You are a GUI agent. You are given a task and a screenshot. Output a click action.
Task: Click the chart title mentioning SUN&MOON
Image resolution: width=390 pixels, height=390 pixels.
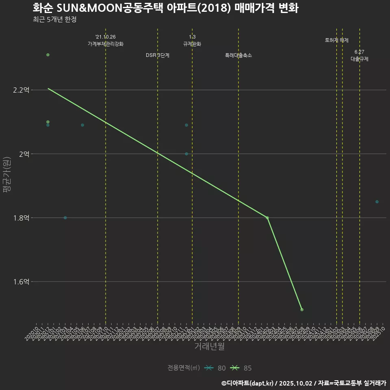[165, 8]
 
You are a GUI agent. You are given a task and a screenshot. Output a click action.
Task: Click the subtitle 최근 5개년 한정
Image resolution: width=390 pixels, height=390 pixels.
[54, 19]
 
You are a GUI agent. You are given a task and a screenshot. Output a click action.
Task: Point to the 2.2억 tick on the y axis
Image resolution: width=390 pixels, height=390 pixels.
[21, 90]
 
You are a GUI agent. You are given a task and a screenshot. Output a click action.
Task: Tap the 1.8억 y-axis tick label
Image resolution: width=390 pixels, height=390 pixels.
[21, 218]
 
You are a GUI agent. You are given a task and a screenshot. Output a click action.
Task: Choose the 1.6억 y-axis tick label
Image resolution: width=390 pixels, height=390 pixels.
[21, 282]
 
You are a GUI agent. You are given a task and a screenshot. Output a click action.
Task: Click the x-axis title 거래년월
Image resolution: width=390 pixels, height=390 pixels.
[209, 347]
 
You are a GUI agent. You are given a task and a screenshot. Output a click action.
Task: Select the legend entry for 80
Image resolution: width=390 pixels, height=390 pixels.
[215, 368]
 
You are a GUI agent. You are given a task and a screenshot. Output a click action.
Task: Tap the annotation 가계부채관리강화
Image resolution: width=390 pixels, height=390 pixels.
[106, 44]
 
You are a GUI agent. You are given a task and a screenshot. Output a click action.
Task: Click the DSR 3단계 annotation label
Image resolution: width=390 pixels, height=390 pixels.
[158, 55]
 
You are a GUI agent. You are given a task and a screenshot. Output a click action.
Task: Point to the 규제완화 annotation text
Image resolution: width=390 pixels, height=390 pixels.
[192, 44]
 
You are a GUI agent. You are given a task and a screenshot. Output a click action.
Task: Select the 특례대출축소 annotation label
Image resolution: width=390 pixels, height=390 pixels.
[238, 55]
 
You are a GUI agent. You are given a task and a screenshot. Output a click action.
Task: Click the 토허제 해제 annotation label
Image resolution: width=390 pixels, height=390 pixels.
[337, 40]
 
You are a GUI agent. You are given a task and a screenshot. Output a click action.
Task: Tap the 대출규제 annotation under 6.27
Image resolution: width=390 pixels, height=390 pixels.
[360, 59]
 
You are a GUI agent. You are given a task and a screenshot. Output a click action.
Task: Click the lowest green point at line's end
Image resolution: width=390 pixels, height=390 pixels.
[302, 310]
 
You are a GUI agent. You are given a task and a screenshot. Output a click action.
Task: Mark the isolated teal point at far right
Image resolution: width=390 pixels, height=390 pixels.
[377, 202]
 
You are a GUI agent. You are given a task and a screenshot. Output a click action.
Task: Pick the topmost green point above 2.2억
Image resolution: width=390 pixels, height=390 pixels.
[48, 55]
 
